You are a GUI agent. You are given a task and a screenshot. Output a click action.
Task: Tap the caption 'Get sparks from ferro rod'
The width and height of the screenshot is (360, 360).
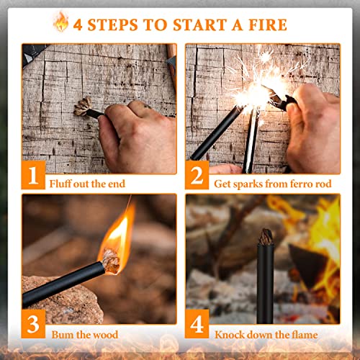[272, 184]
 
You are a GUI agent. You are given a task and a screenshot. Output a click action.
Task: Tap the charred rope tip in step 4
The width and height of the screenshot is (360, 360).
[266, 237]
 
